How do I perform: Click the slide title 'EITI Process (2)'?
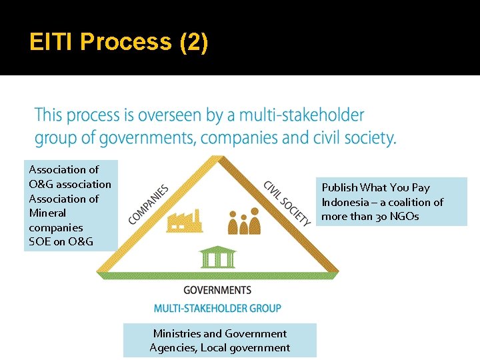(x=119, y=42)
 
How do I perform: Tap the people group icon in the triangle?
(x=244, y=222)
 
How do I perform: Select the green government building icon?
(x=217, y=257)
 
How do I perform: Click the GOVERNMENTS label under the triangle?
(x=217, y=290)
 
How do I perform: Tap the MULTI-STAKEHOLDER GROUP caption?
(x=217, y=308)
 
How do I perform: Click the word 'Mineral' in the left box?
(x=47, y=213)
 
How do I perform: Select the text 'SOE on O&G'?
(x=61, y=241)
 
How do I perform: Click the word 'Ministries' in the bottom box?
(x=177, y=333)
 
